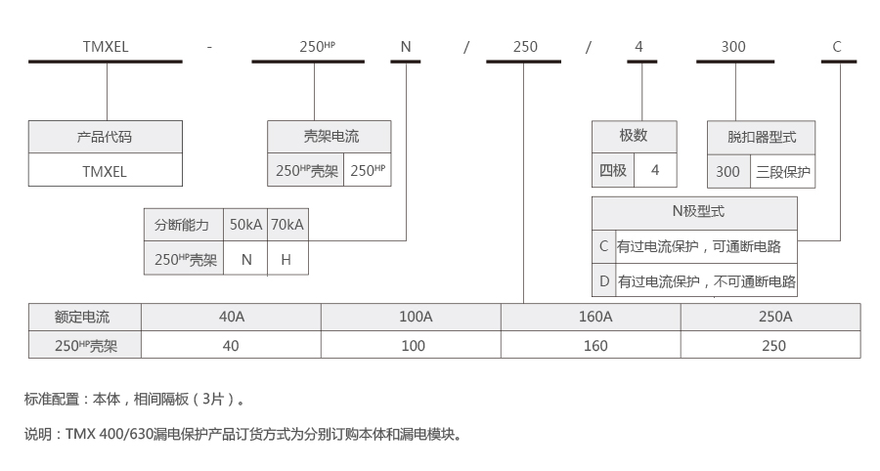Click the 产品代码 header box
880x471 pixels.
click(x=105, y=137)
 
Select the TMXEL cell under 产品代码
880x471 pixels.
click(x=105, y=170)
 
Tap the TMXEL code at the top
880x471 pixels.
click(x=105, y=46)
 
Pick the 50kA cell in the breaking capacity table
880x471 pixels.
click(x=245, y=225)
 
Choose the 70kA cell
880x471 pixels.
click(x=287, y=225)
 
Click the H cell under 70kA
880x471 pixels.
click(x=286, y=260)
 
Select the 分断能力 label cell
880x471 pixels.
click(x=183, y=225)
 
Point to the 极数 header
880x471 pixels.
click(x=634, y=137)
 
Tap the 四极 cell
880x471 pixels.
click(x=613, y=171)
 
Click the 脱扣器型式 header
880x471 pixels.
click(x=762, y=137)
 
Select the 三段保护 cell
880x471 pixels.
click(x=783, y=172)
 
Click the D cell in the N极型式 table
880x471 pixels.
click(x=603, y=281)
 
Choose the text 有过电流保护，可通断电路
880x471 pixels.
click(x=705, y=246)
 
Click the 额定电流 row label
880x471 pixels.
click(x=83, y=317)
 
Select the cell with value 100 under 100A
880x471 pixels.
click(x=414, y=345)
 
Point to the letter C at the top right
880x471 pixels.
click(x=837, y=46)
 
